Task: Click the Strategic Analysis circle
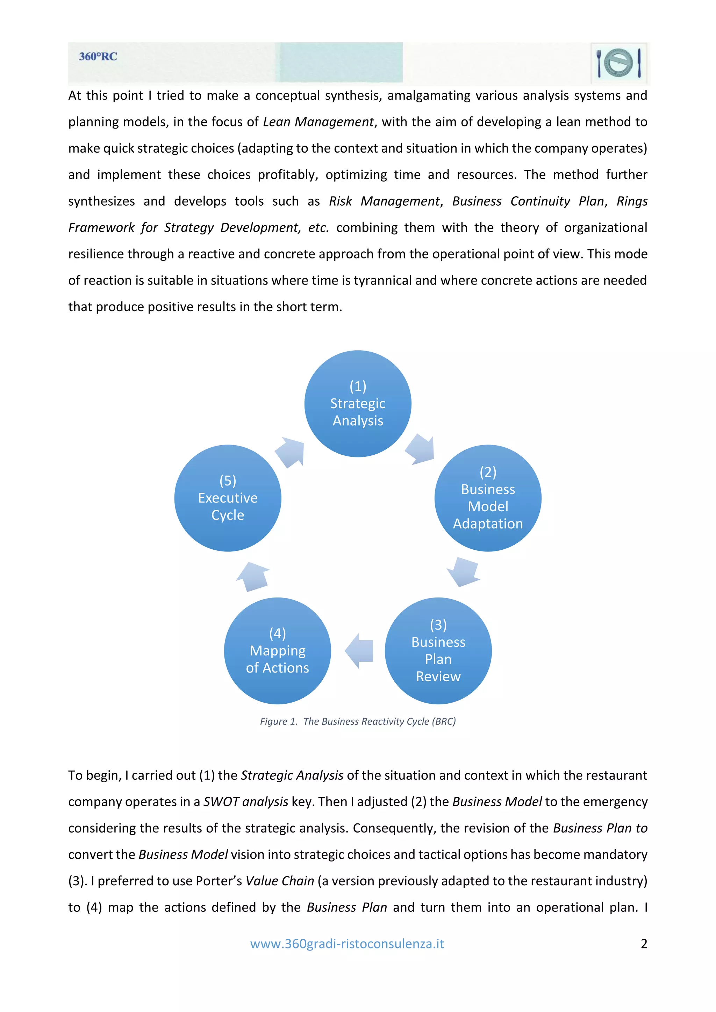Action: point(358,403)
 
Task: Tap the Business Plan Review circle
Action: point(438,651)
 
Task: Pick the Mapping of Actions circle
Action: point(278,651)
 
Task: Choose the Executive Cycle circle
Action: point(228,498)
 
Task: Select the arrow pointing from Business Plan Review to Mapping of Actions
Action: point(359,651)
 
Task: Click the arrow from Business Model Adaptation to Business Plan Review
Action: point(463,572)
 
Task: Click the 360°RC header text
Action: point(98,57)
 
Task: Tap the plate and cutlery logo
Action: point(618,63)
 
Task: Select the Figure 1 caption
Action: point(358,721)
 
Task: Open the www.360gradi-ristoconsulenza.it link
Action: point(347,944)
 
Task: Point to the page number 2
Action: point(644,944)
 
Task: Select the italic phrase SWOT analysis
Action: point(246,801)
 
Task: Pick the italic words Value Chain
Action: point(280,881)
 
